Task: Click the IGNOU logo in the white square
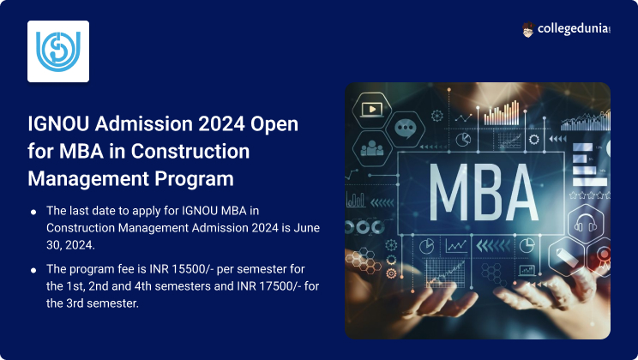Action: (x=58, y=51)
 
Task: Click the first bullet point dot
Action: (x=33, y=211)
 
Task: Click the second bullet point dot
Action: (x=33, y=269)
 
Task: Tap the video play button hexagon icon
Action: (x=371, y=109)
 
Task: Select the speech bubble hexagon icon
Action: (x=405, y=129)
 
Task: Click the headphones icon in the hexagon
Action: (x=586, y=226)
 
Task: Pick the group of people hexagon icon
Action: (x=372, y=147)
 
